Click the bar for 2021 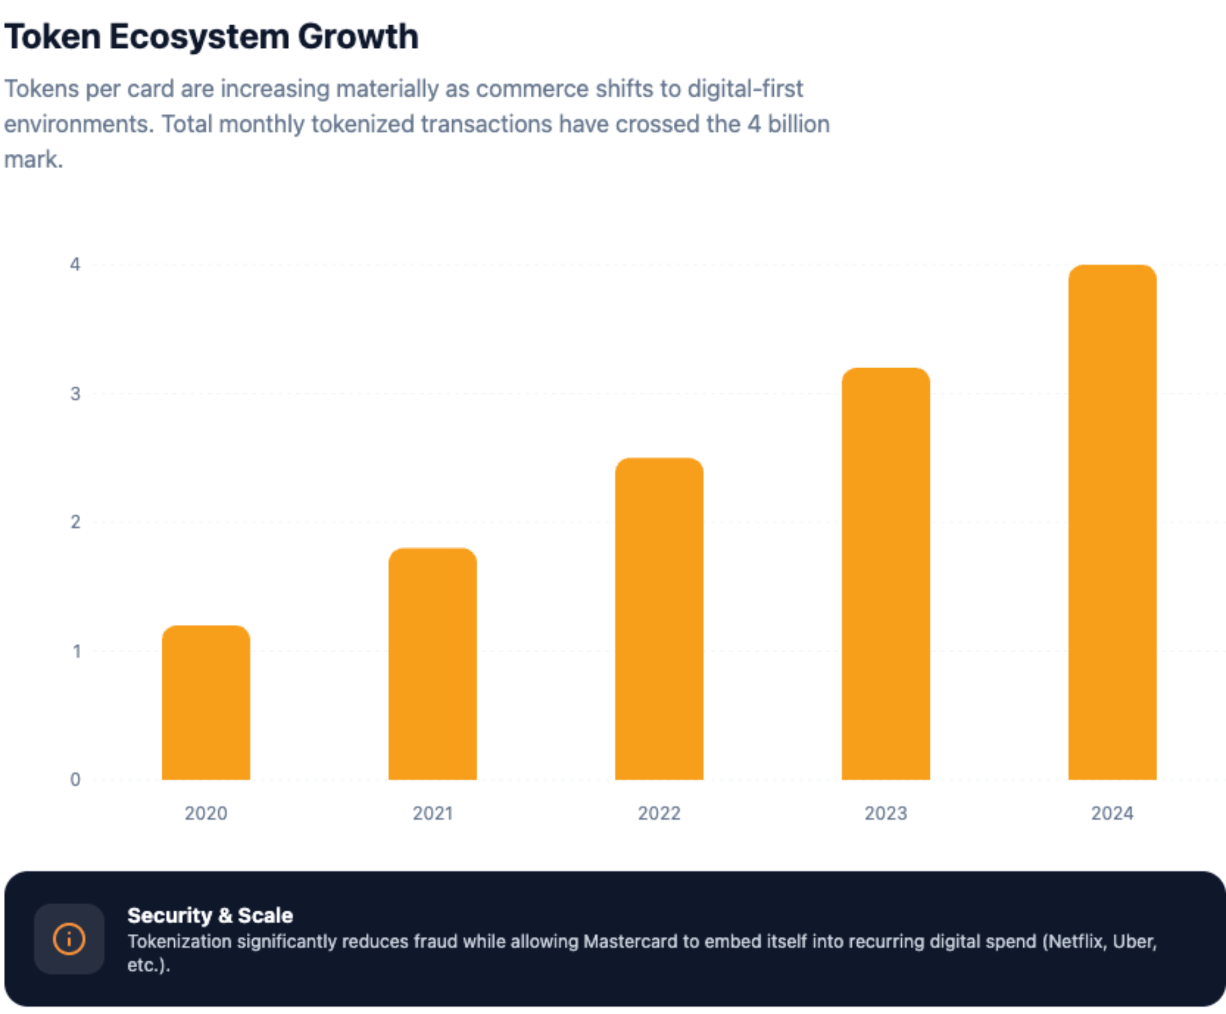432,664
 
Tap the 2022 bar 659,619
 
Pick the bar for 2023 886,574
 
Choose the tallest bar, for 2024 1112,523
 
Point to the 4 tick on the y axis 75,264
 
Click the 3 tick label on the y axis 75,394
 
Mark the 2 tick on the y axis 75,522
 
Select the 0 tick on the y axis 75,779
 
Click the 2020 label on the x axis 206,813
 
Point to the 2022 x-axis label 659,813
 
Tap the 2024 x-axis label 1112,813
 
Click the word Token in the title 53,37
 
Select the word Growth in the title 358,37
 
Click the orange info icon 69,939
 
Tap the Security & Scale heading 210,915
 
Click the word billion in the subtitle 798,124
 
